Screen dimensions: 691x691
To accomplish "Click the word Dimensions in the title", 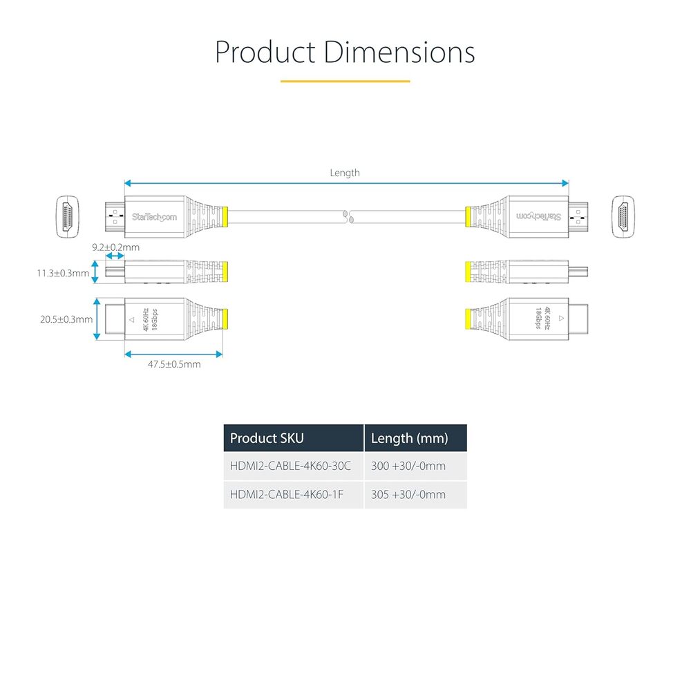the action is click(x=399, y=52).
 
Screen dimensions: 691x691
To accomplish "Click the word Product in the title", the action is click(x=265, y=52).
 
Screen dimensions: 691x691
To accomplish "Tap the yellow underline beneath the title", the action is click(x=345, y=81).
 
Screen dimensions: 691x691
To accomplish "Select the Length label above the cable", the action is click(x=345, y=173).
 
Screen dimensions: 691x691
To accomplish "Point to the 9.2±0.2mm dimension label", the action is click(x=115, y=247).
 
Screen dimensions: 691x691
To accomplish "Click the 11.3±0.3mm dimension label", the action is click(x=63, y=273).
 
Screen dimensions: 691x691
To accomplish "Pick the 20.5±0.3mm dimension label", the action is click(x=66, y=319).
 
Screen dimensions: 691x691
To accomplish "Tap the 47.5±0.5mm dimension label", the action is click(x=174, y=364).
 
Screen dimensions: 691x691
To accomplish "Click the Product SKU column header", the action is click(x=267, y=438).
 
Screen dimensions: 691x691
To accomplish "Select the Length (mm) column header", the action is click(x=409, y=438).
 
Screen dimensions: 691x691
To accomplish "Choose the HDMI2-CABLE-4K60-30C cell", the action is click(x=290, y=466).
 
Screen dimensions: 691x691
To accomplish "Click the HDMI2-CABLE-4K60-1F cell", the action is click(x=287, y=495).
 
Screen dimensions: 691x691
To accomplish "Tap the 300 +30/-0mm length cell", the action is click(x=408, y=466).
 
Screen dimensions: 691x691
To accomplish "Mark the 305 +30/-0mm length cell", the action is click(x=408, y=495).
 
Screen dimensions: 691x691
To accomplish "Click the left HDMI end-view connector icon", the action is click(x=68, y=217).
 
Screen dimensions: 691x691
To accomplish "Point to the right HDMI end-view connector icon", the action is click(x=623, y=217).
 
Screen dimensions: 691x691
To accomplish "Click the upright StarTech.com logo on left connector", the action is click(x=154, y=217).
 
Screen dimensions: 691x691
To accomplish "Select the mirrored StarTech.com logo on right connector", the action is click(x=538, y=216).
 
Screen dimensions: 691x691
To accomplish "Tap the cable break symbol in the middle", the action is click(x=348, y=217).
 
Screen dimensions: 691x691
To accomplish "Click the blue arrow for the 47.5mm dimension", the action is click(x=173, y=354).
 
